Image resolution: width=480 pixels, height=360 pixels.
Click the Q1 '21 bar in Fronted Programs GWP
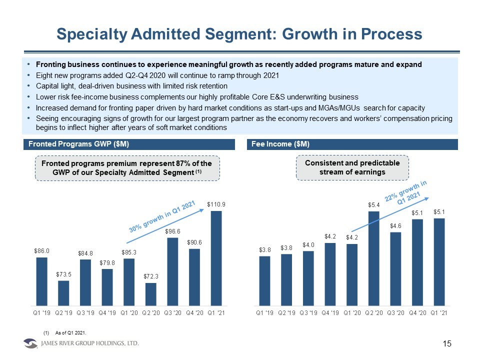point(215,257)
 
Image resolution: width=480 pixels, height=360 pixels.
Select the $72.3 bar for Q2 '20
point(151,293)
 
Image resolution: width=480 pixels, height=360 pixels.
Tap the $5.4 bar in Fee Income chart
point(373,257)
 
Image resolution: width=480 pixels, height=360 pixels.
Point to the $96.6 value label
point(172,231)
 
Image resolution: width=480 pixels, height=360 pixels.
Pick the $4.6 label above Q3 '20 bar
point(395,225)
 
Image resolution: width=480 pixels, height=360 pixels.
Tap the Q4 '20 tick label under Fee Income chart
point(417,313)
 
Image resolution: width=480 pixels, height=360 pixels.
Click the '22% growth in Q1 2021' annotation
point(407,195)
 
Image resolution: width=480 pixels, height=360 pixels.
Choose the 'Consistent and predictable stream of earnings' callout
point(352,167)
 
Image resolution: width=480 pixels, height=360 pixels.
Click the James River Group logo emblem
point(30,344)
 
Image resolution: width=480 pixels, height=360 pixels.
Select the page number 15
point(447,343)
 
